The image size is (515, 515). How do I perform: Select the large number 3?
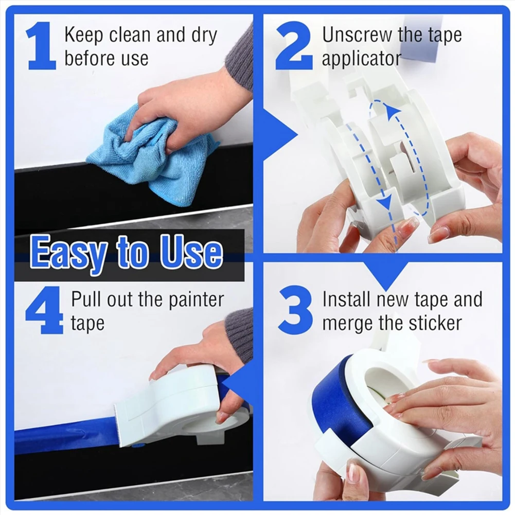[295, 310]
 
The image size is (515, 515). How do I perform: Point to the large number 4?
[44, 310]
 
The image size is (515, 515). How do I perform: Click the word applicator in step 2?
[361, 59]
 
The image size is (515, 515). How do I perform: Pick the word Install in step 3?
[347, 299]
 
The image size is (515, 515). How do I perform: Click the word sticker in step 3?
[435, 323]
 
